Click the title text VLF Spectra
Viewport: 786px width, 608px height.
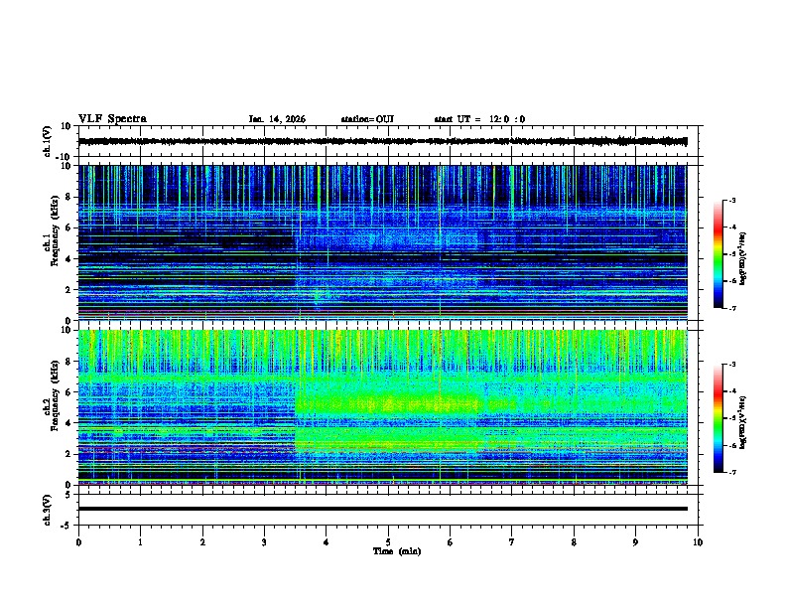pyautogui.click(x=112, y=119)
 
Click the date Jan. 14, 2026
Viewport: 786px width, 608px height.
pyautogui.click(x=277, y=119)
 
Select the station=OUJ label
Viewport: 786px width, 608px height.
pyautogui.click(x=367, y=119)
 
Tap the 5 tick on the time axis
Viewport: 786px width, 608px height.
pyautogui.click(x=388, y=542)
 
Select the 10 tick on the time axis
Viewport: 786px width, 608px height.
pyautogui.click(x=698, y=542)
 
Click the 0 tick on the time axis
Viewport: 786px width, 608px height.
pyautogui.click(x=78, y=542)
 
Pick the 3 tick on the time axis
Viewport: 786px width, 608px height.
pyautogui.click(x=264, y=542)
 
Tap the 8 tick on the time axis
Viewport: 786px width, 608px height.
pyautogui.click(x=574, y=542)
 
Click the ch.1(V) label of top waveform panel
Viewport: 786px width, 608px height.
pyautogui.click(x=48, y=141)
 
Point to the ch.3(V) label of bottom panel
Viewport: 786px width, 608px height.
pyautogui.click(x=48, y=508)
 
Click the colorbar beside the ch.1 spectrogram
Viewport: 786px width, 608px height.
pyautogui.click(x=719, y=254)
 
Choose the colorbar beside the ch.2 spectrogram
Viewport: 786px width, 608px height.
pyautogui.click(x=719, y=418)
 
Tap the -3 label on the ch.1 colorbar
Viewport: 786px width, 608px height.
pyautogui.click(x=731, y=201)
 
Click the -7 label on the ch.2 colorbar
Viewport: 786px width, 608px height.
pyautogui.click(x=731, y=473)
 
